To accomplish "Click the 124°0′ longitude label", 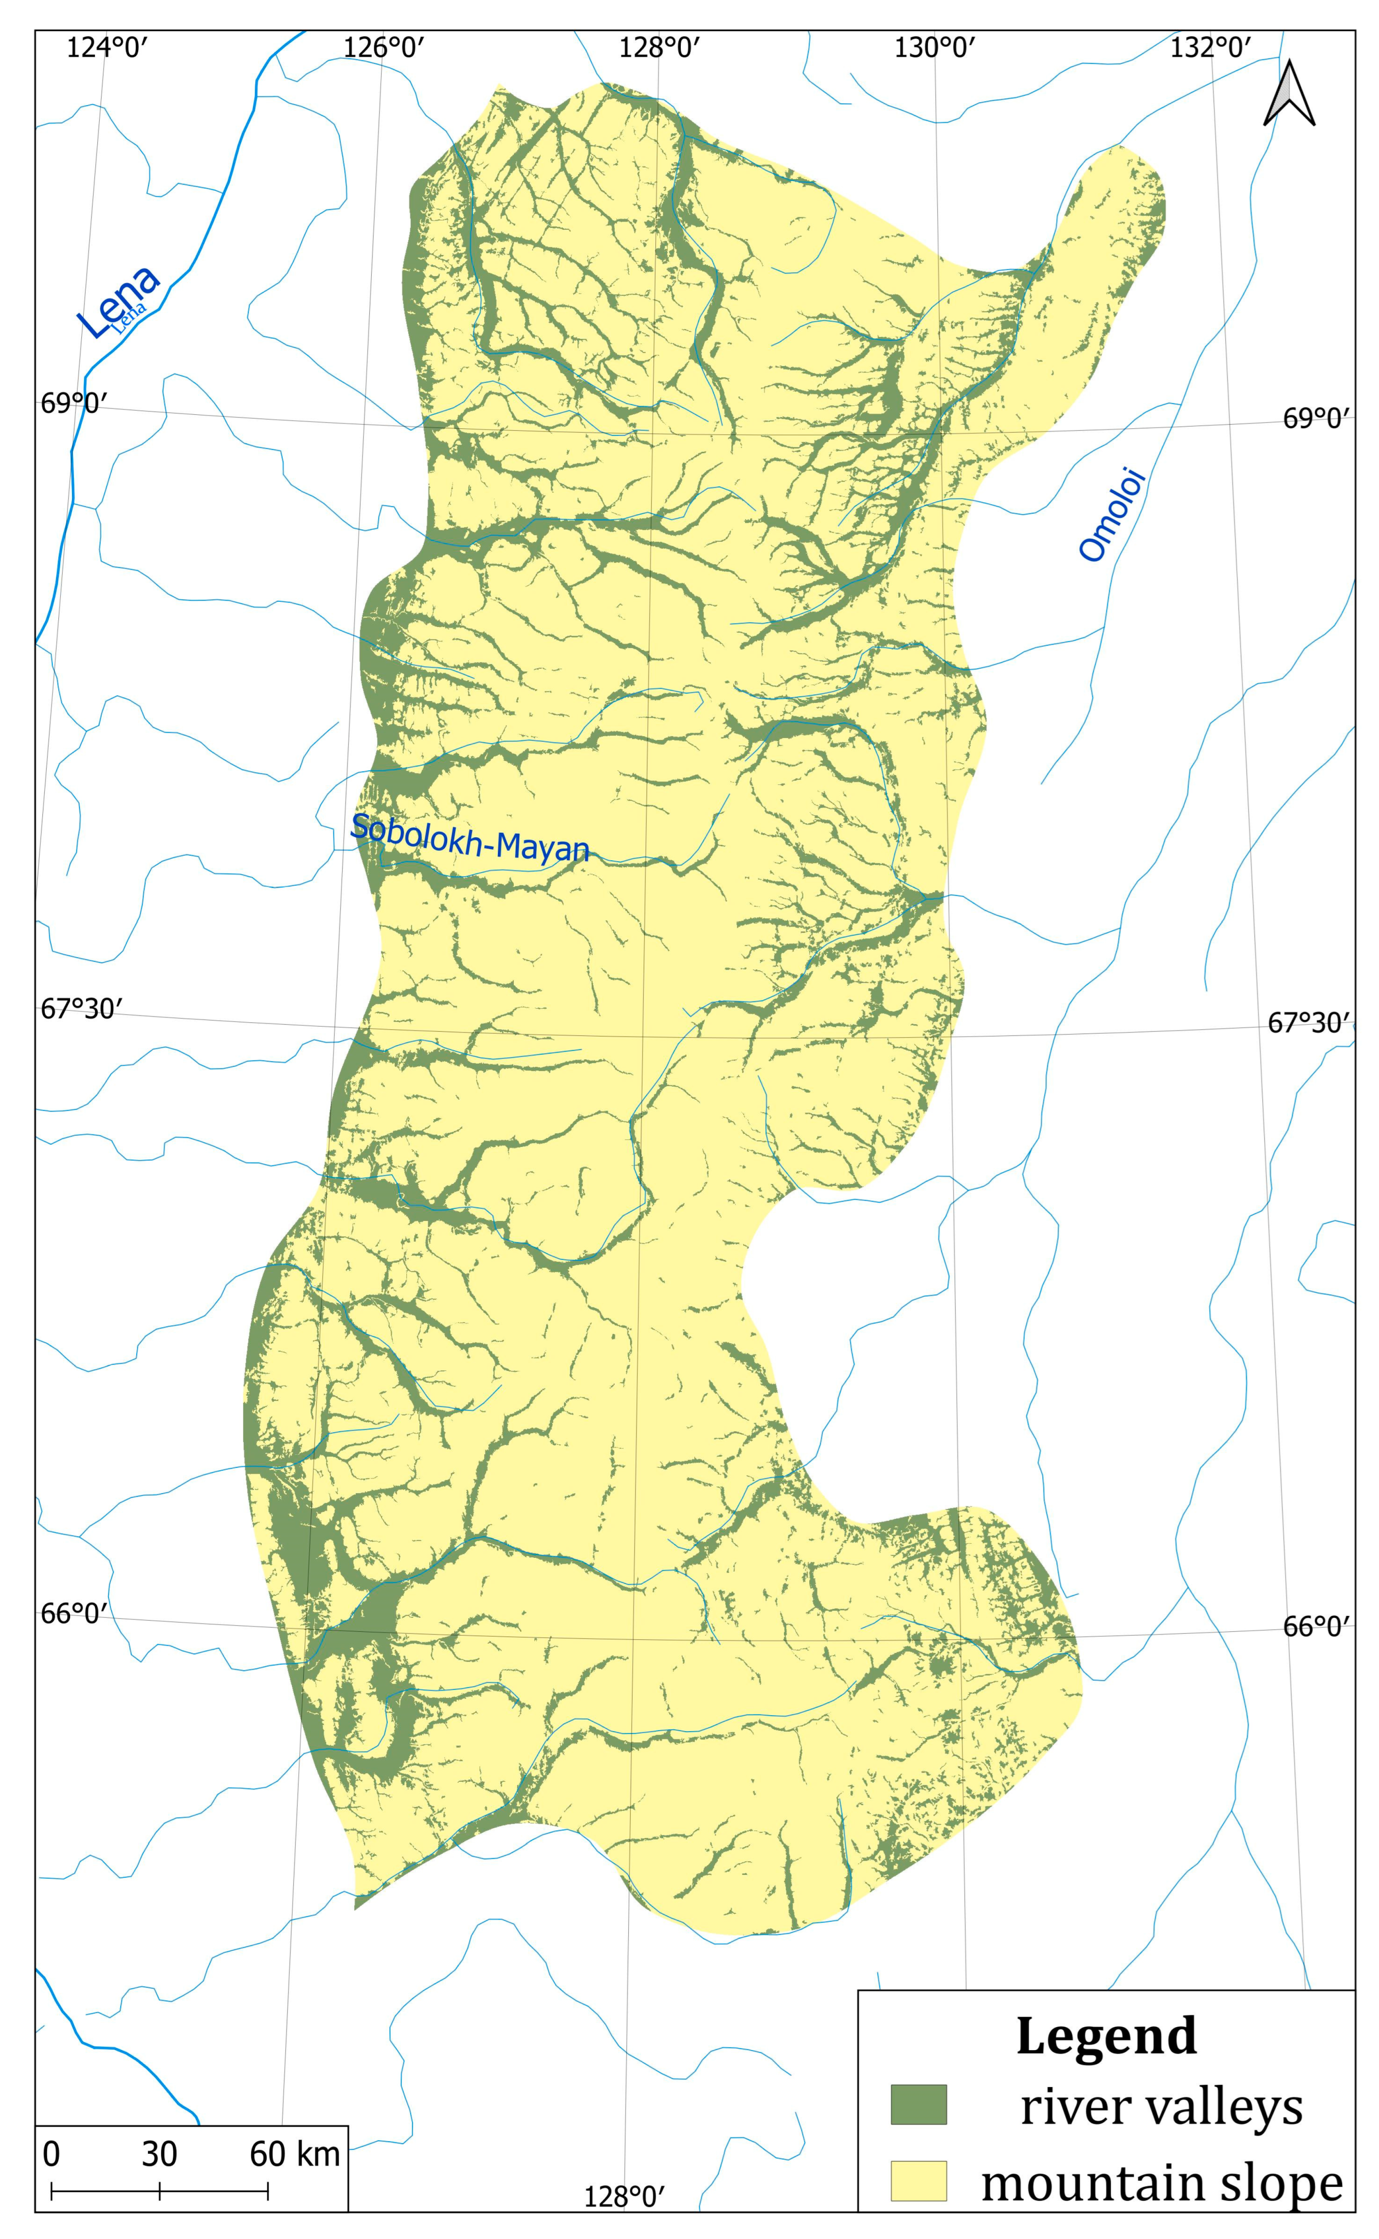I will (107, 47).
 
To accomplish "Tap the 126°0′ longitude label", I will (384, 47).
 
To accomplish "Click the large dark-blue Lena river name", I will (119, 301).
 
